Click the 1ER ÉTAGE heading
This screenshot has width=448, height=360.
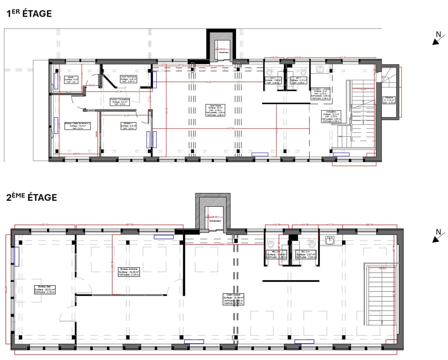point(29,14)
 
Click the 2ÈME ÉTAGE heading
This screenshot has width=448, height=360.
point(31,197)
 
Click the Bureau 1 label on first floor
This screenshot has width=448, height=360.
point(128,126)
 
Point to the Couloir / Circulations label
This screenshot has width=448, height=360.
point(120,101)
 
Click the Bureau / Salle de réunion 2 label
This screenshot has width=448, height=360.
point(77,126)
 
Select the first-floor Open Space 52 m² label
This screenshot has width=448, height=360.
point(216,110)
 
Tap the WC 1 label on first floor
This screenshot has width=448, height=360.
point(298,80)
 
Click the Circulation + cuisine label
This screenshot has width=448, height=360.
point(321,93)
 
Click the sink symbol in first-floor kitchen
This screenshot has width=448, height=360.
point(320,69)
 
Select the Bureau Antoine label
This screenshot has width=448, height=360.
point(129,272)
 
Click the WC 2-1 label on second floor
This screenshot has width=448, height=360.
point(306,254)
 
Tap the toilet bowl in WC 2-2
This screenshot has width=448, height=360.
point(272,243)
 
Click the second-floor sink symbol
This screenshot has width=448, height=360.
point(329,240)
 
